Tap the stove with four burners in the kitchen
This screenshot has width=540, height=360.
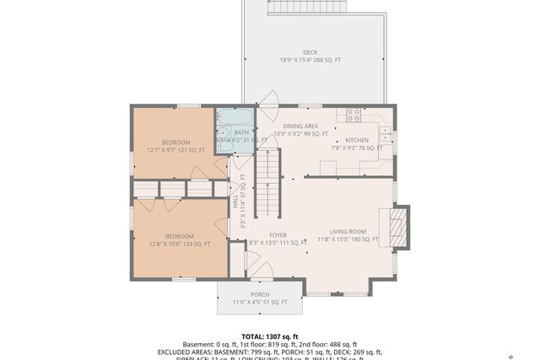pyautogui.click(x=354, y=116)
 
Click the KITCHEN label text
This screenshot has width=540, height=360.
pyautogui.click(x=357, y=141)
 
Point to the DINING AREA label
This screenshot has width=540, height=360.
pyautogui.click(x=300, y=126)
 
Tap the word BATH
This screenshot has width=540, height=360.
pyautogui.click(x=241, y=132)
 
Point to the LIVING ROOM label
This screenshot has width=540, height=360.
pyautogui.click(x=347, y=231)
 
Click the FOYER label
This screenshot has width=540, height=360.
pyautogui.click(x=278, y=235)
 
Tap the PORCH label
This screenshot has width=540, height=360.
pyautogui.click(x=260, y=294)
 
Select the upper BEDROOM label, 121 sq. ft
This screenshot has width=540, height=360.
pyautogui.click(x=175, y=142)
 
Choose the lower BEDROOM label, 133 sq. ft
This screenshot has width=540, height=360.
pyautogui.click(x=179, y=235)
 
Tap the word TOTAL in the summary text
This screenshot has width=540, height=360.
pyautogui.click(x=254, y=335)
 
